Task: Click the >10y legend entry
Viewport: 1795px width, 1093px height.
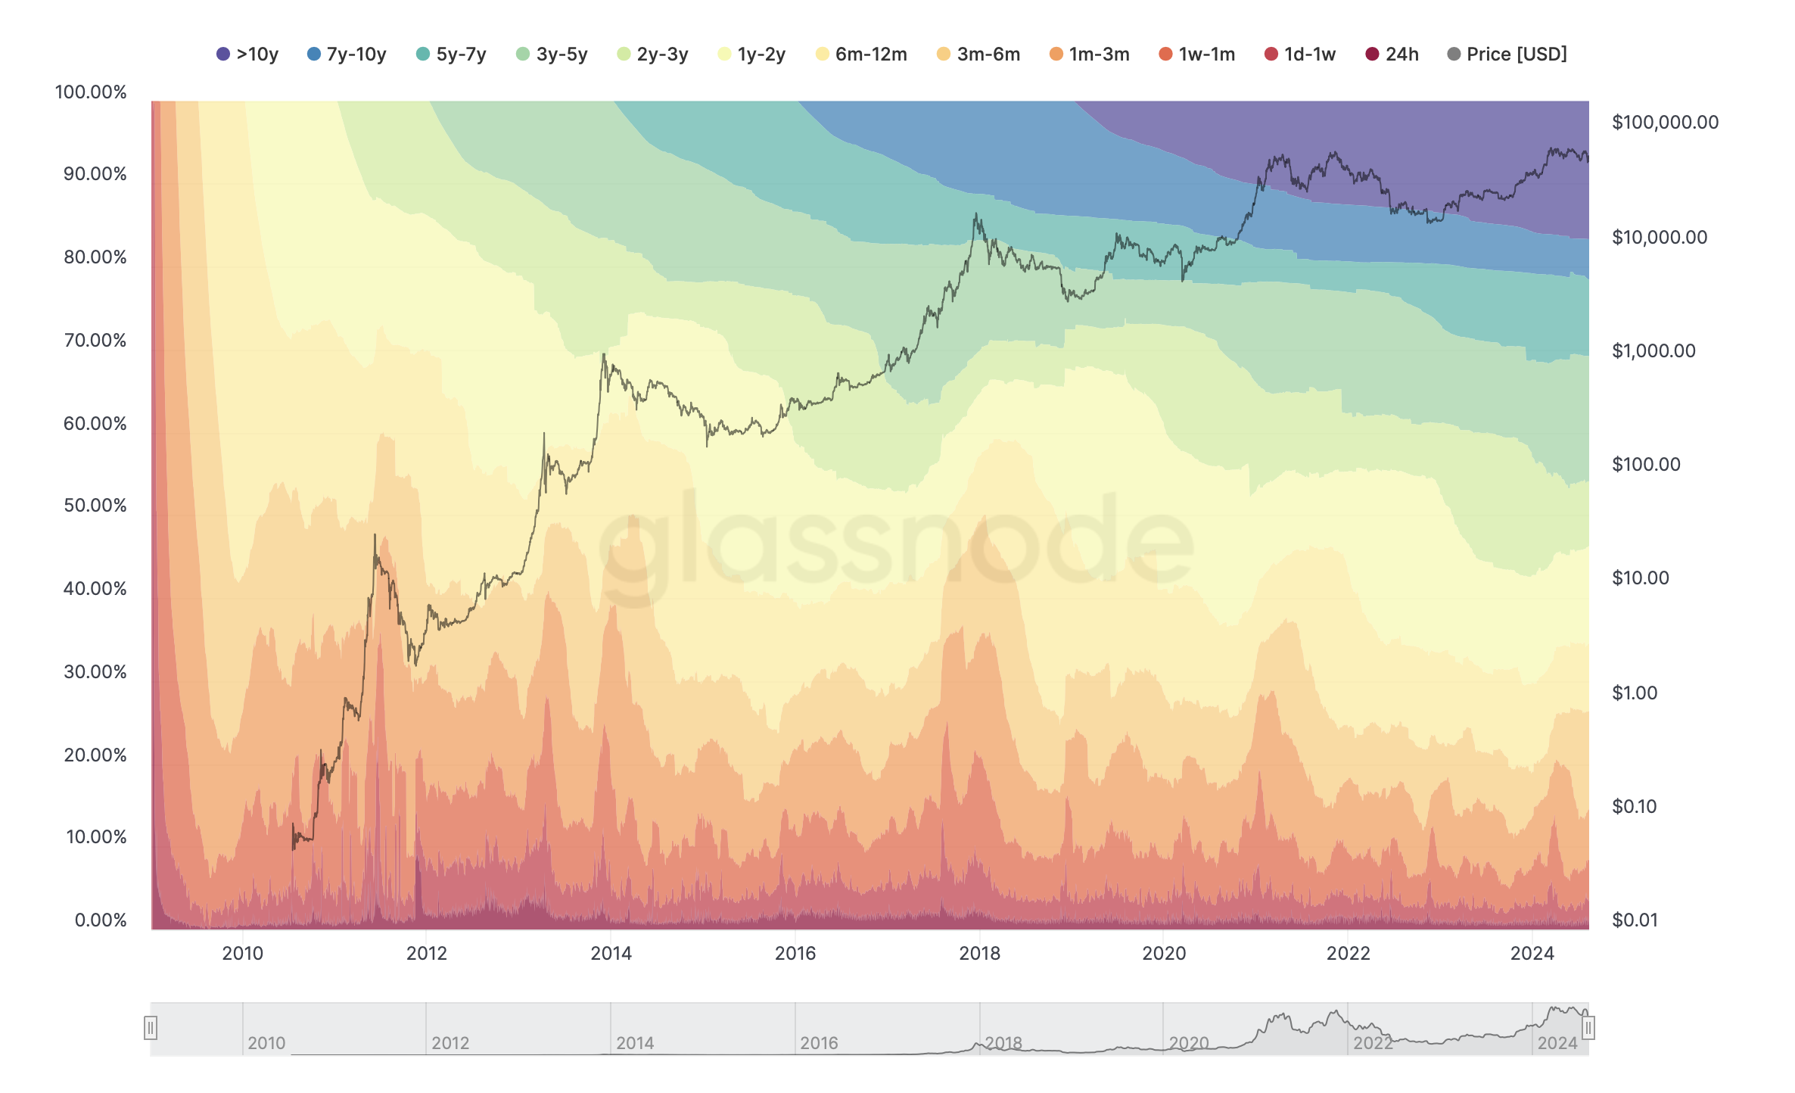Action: (x=247, y=54)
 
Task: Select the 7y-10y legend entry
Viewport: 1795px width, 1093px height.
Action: (x=347, y=54)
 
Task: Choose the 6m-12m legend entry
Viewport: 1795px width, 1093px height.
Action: (x=861, y=54)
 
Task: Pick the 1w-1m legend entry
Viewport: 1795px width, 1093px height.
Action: (x=1196, y=54)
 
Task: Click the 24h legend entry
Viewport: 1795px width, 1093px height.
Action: (x=1392, y=54)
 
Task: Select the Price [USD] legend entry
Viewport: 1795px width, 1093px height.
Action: (x=1507, y=54)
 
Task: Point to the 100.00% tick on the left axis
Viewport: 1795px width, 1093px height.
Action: (x=91, y=92)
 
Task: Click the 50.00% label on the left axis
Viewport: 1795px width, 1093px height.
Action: (x=95, y=506)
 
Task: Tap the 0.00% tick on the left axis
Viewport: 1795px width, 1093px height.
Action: (x=100, y=920)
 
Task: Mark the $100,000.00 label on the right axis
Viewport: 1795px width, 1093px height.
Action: (x=1665, y=123)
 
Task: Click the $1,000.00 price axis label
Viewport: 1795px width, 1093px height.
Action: (x=1653, y=351)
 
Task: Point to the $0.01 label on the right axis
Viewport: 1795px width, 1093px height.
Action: (x=1635, y=920)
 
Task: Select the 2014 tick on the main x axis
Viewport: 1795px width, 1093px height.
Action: (x=611, y=954)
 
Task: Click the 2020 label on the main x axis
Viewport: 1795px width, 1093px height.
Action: (x=1164, y=954)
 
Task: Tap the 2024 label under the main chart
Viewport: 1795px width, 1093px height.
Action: (x=1532, y=954)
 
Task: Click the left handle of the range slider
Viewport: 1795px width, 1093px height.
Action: (x=151, y=1028)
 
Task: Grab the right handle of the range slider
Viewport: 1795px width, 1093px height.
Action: (x=1588, y=1028)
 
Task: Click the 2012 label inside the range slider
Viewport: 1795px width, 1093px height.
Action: (x=450, y=1043)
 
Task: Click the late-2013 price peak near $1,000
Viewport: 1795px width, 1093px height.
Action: (x=604, y=354)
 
